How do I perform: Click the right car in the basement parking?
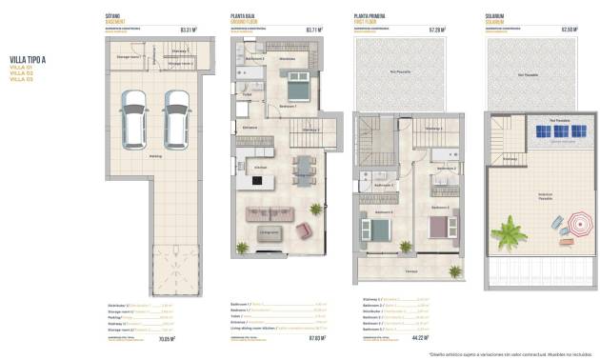175,115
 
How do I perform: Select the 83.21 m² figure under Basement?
187,30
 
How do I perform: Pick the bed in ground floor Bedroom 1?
295,89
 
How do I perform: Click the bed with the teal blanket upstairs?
376,230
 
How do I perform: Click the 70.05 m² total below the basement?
187,336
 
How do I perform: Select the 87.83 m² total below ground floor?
316,336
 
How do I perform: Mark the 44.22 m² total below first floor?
418,336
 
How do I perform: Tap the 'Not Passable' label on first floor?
400,70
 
